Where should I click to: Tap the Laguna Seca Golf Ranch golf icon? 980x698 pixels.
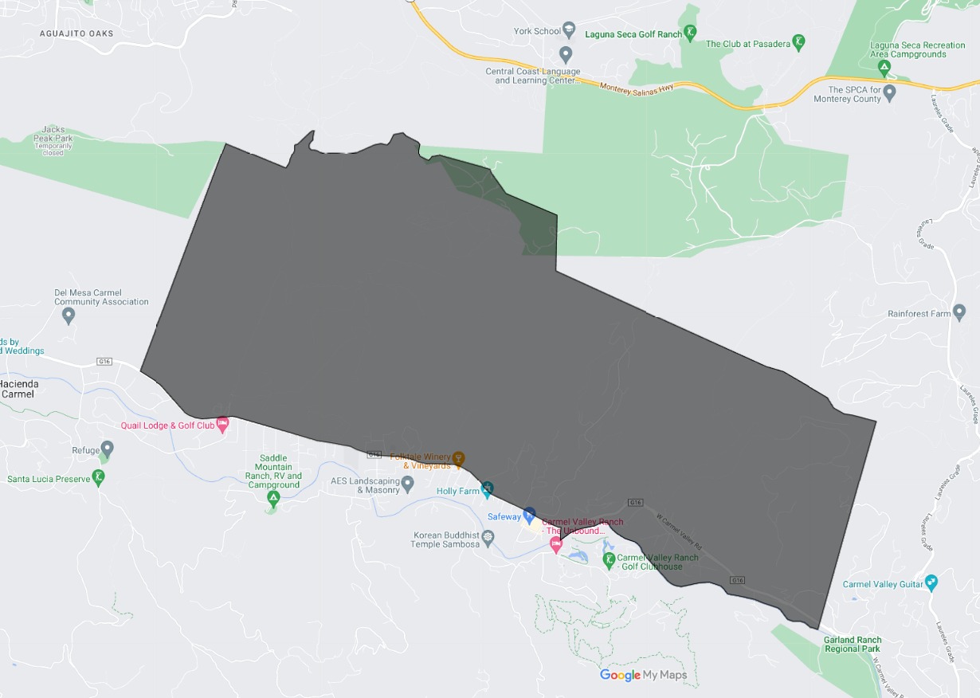click(690, 33)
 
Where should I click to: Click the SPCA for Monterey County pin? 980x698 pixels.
click(890, 92)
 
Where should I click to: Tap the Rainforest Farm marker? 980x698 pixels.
click(959, 312)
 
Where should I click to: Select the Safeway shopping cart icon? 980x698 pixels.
click(529, 514)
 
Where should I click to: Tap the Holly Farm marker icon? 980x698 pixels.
click(487, 488)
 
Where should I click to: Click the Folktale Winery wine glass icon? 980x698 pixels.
click(458, 459)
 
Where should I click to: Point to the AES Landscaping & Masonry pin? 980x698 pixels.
click(408, 483)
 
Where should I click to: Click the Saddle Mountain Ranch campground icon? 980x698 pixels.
click(273, 499)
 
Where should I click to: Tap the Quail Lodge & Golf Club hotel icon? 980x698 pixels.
click(223, 424)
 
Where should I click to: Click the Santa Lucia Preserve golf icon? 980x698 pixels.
click(98, 477)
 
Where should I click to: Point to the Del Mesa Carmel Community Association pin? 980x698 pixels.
click(69, 316)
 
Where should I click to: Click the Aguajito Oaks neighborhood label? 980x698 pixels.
click(76, 33)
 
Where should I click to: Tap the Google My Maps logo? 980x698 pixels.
click(643, 676)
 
